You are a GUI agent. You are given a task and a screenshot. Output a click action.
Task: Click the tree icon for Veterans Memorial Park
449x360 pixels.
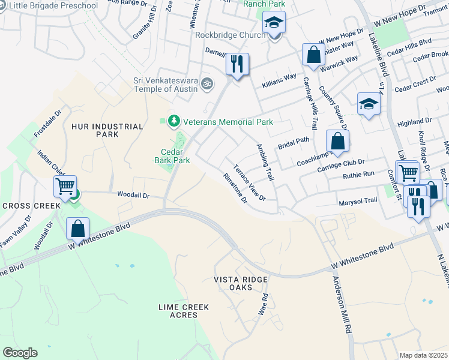[x=174, y=122]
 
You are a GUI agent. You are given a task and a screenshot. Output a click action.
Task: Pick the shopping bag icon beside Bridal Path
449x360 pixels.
[x=338, y=142]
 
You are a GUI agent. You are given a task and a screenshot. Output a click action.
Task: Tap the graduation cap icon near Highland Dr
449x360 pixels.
[x=368, y=104]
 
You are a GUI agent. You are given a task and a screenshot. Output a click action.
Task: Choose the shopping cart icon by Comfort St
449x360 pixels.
[x=408, y=172]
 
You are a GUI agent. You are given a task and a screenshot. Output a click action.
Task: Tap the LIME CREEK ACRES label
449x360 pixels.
[x=183, y=311]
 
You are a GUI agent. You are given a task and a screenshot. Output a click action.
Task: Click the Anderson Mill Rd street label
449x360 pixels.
[x=341, y=301]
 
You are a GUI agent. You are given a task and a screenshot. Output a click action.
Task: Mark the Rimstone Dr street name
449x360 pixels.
[x=235, y=188]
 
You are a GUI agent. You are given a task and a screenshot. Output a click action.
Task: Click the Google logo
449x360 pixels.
[x=20, y=353]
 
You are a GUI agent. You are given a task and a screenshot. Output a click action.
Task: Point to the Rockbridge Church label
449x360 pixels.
[x=230, y=35]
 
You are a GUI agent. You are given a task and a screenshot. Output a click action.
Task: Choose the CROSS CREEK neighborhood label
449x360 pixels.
[x=24, y=205]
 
